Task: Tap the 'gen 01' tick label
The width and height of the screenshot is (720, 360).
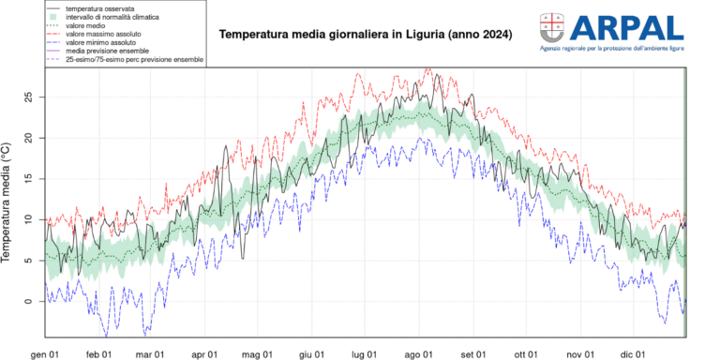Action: (45, 353)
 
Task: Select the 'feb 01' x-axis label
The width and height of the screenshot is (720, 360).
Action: (98, 353)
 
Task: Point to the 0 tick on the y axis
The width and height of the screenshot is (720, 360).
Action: (28, 301)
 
